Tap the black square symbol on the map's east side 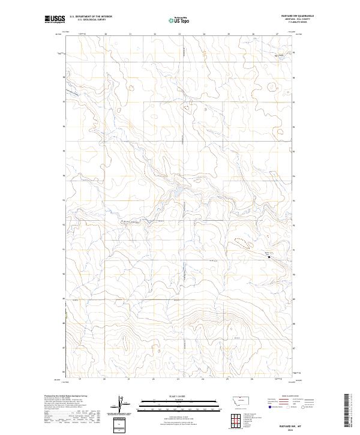[269, 257]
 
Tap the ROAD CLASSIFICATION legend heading [290, 397]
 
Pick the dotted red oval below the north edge [187, 109]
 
